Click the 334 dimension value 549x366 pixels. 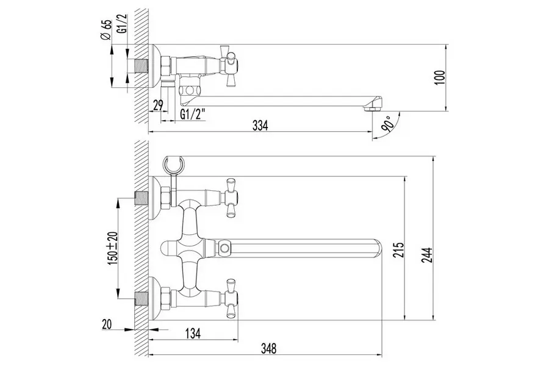[x=260, y=126]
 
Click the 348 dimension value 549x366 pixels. [x=269, y=349]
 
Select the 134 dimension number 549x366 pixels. [x=193, y=334]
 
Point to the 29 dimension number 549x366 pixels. [x=158, y=106]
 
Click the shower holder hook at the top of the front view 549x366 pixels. [x=174, y=163]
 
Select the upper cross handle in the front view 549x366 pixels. [x=231, y=196]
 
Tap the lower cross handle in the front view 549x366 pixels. [x=231, y=298]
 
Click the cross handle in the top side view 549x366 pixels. [x=231, y=65]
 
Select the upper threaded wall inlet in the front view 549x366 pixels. [x=142, y=197]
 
